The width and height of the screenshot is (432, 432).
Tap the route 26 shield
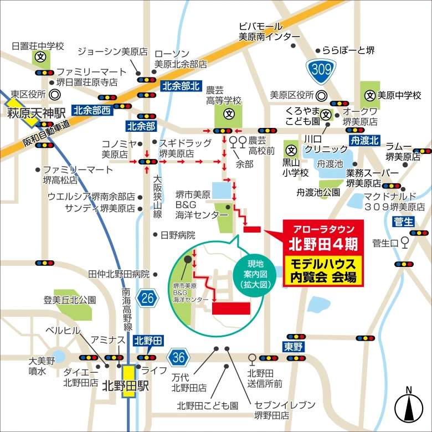tap(147, 297)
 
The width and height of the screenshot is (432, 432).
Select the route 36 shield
tap(177, 356)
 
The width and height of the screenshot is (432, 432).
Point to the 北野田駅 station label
tap(126, 387)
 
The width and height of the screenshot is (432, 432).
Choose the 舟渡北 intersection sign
tap(365, 140)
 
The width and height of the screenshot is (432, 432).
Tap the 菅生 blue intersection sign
tap(404, 222)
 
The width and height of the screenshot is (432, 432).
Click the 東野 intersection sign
tap(294, 347)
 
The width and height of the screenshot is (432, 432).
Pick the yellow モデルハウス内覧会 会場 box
tap(323, 270)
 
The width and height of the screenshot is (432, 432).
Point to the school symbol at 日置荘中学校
tap(40, 56)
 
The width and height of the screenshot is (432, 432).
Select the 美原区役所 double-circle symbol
tap(321, 95)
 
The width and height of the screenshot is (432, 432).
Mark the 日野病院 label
tap(178, 235)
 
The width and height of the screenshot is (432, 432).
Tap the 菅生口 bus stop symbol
tap(405, 241)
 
